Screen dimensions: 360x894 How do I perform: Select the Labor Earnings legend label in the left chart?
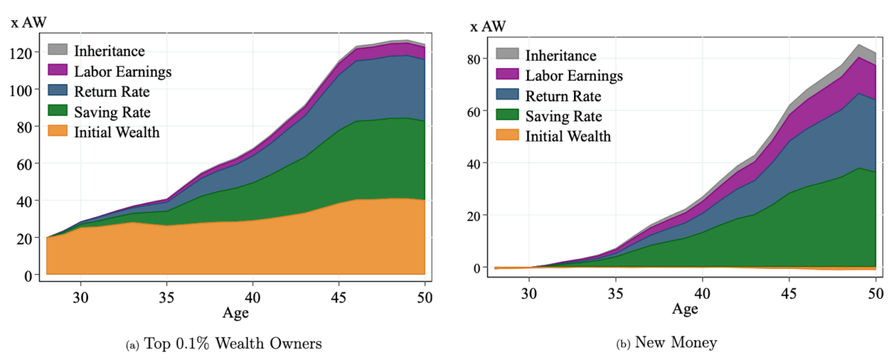coord(122,72)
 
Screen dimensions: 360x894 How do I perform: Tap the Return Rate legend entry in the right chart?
coord(563,96)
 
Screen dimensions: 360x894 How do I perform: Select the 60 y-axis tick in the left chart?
coord(24,164)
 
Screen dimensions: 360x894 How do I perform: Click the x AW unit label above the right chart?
coord(488,27)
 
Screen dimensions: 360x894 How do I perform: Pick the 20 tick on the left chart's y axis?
coord(24,238)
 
